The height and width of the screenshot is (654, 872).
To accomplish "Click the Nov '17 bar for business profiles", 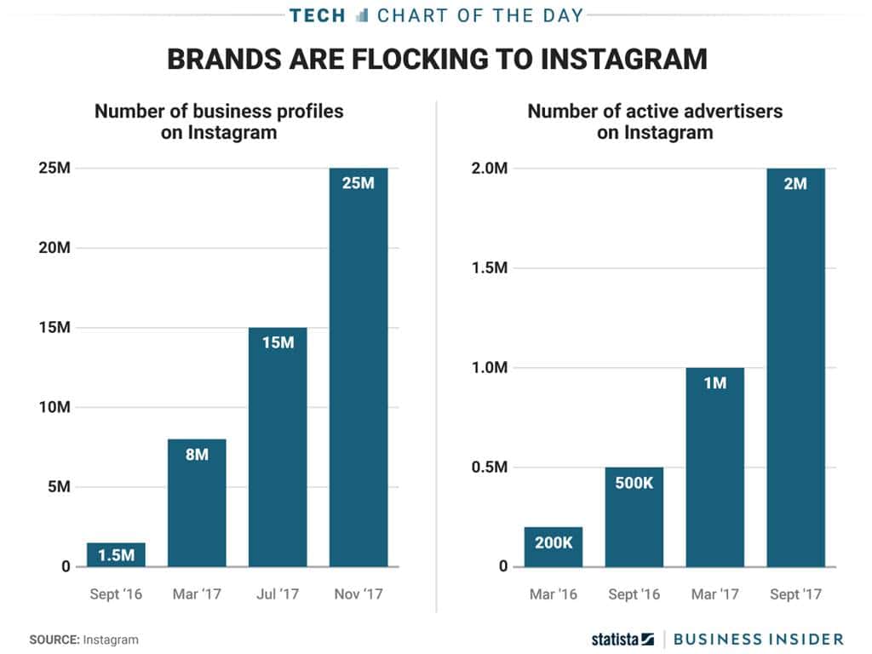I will [359, 367].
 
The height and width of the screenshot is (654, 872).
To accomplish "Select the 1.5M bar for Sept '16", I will [116, 554].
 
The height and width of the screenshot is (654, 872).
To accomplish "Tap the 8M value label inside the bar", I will [197, 454].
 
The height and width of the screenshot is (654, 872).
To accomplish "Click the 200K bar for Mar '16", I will [554, 547].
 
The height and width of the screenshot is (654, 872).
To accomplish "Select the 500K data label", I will [634, 482].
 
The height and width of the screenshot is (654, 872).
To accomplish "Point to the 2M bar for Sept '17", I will [795, 367].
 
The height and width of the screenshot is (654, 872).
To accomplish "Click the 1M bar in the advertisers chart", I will [715, 467].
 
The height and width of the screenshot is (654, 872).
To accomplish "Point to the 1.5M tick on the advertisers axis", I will [490, 267].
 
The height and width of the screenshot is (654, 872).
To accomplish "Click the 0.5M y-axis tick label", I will [490, 468].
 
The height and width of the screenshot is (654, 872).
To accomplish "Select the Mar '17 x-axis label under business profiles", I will [197, 594].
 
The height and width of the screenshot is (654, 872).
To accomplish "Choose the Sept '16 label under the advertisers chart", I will [634, 594].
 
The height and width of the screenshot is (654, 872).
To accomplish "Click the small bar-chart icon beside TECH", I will [362, 14].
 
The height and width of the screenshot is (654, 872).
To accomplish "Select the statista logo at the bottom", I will [622, 639].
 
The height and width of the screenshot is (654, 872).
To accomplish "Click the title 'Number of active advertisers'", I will [655, 112].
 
